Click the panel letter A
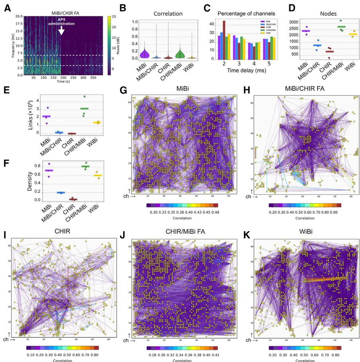tap(7, 8)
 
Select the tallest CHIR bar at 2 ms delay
tap(224, 39)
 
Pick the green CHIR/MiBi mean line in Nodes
tap(331, 27)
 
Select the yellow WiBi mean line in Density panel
tap(97, 175)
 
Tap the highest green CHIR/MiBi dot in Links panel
tap(84, 96)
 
